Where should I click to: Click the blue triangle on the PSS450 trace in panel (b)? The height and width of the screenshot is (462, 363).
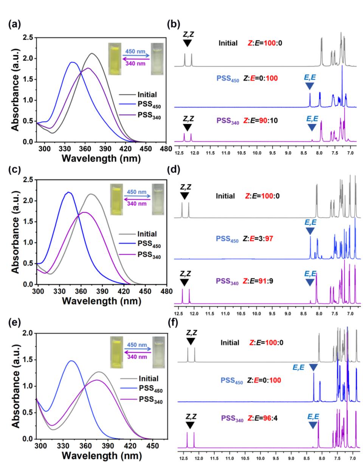point(309,87)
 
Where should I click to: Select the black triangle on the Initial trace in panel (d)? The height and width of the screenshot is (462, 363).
point(184,196)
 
